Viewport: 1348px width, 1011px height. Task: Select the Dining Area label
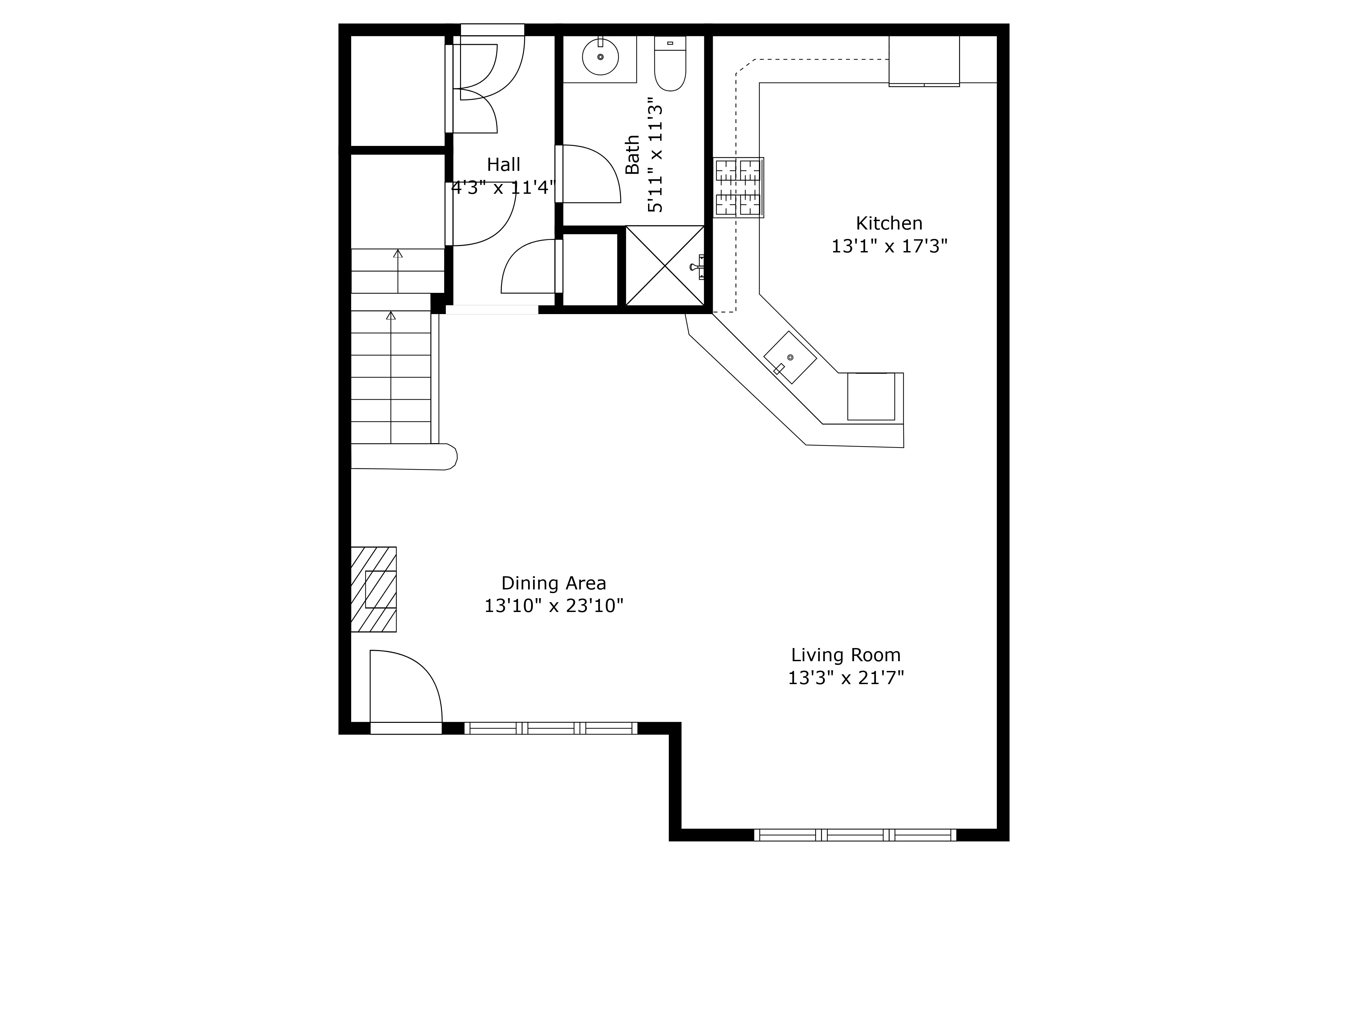(553, 583)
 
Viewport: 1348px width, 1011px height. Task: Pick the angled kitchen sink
(790, 357)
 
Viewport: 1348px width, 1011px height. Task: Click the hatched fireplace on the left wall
(373, 589)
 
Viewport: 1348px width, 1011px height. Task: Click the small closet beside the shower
(589, 269)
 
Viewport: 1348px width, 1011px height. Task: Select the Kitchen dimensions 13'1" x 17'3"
(889, 246)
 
